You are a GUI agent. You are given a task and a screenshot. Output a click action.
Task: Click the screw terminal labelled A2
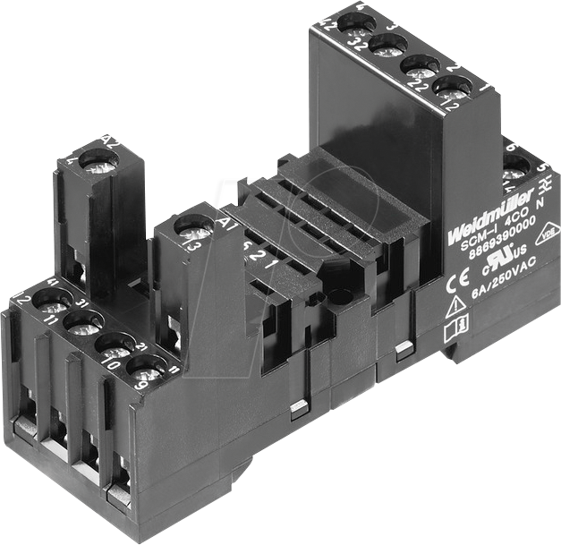98,164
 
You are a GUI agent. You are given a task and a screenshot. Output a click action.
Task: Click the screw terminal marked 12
453,89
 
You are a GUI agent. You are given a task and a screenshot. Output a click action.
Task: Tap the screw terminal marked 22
419,66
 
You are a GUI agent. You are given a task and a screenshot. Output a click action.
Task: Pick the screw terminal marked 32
387,44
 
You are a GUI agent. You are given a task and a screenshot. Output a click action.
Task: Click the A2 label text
112,141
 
